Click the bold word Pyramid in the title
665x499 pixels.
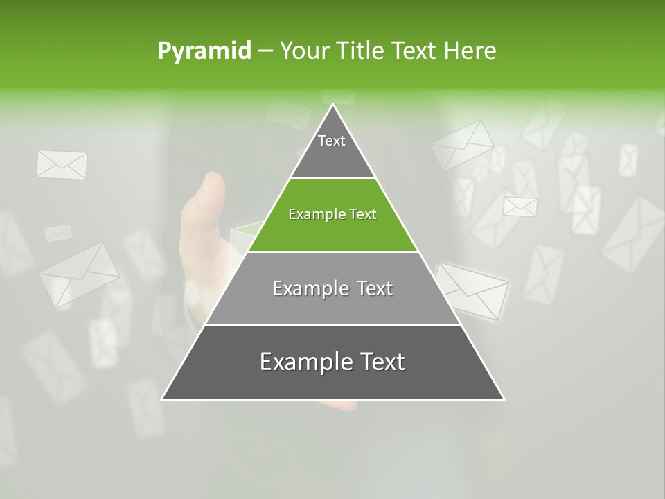(x=204, y=51)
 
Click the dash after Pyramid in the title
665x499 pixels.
(x=265, y=51)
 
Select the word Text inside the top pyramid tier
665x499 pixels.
(x=332, y=141)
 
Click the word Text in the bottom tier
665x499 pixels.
(x=380, y=362)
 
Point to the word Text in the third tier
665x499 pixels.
(x=374, y=288)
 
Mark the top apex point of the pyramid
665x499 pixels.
(x=333, y=105)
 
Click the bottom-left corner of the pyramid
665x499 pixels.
(x=163, y=399)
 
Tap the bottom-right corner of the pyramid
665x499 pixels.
(x=504, y=399)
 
